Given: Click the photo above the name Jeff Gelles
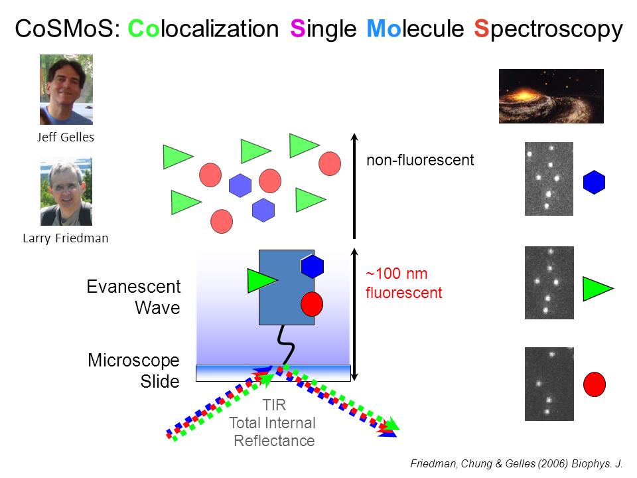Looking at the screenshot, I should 66,90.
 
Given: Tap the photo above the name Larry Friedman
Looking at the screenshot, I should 66,192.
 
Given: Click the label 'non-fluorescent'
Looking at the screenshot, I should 420,160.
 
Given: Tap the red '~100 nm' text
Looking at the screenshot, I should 396,274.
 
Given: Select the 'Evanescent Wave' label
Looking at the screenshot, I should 133,297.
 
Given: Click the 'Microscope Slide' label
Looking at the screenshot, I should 133,371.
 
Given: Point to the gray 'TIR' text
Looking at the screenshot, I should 273,406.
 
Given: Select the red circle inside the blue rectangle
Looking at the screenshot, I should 312,303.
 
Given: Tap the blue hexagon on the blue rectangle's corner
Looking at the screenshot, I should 313,266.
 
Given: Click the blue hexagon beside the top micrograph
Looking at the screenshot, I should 594,183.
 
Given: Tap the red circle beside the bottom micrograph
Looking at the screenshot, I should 594,384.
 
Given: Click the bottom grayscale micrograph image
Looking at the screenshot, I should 548,384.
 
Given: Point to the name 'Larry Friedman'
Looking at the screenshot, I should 65,238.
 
